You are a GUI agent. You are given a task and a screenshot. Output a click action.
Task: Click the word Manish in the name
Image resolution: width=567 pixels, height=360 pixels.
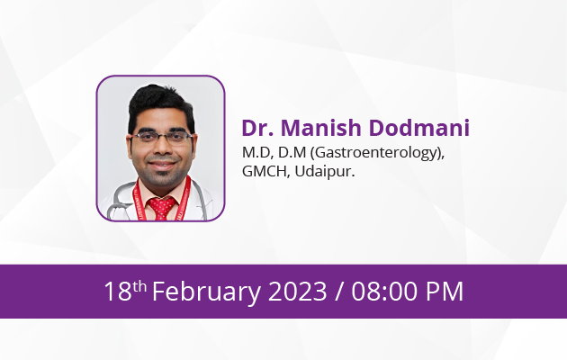point(321,128)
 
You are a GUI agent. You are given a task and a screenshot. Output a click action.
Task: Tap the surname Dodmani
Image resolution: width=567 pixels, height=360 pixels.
point(419,128)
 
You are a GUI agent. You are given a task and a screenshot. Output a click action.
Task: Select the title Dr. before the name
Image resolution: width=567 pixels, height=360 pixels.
point(257,128)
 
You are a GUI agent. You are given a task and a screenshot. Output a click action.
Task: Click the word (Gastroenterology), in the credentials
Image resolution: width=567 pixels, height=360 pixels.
point(377,153)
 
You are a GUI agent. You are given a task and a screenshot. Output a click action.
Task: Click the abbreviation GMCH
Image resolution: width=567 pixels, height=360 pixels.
point(265,171)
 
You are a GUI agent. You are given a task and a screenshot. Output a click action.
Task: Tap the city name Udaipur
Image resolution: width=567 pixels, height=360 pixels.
point(325,171)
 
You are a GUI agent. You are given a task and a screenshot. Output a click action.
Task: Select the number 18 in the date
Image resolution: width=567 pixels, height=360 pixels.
point(118,292)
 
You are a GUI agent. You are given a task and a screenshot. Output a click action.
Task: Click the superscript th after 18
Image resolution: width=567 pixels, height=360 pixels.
point(139,286)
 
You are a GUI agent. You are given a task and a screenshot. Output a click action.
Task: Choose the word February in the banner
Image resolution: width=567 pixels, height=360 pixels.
point(206,292)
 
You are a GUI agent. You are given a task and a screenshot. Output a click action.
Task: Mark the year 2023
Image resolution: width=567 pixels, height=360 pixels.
point(297,292)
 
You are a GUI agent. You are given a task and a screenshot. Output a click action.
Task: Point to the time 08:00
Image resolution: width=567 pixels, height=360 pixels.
point(385,292)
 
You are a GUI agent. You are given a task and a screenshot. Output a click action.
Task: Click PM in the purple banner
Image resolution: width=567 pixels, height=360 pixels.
point(444,292)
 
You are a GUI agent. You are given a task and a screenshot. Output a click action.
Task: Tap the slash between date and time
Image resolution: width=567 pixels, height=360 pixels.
point(339,292)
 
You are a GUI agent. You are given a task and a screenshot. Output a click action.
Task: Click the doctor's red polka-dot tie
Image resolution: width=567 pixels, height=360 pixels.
point(162,208)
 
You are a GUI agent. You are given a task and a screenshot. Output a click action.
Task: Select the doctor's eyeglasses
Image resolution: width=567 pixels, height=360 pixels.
point(162,137)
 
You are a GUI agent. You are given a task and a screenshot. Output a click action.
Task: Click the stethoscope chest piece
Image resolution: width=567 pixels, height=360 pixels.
point(115,212)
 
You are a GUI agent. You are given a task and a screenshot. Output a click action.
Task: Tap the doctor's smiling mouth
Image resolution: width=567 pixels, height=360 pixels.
point(162,165)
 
